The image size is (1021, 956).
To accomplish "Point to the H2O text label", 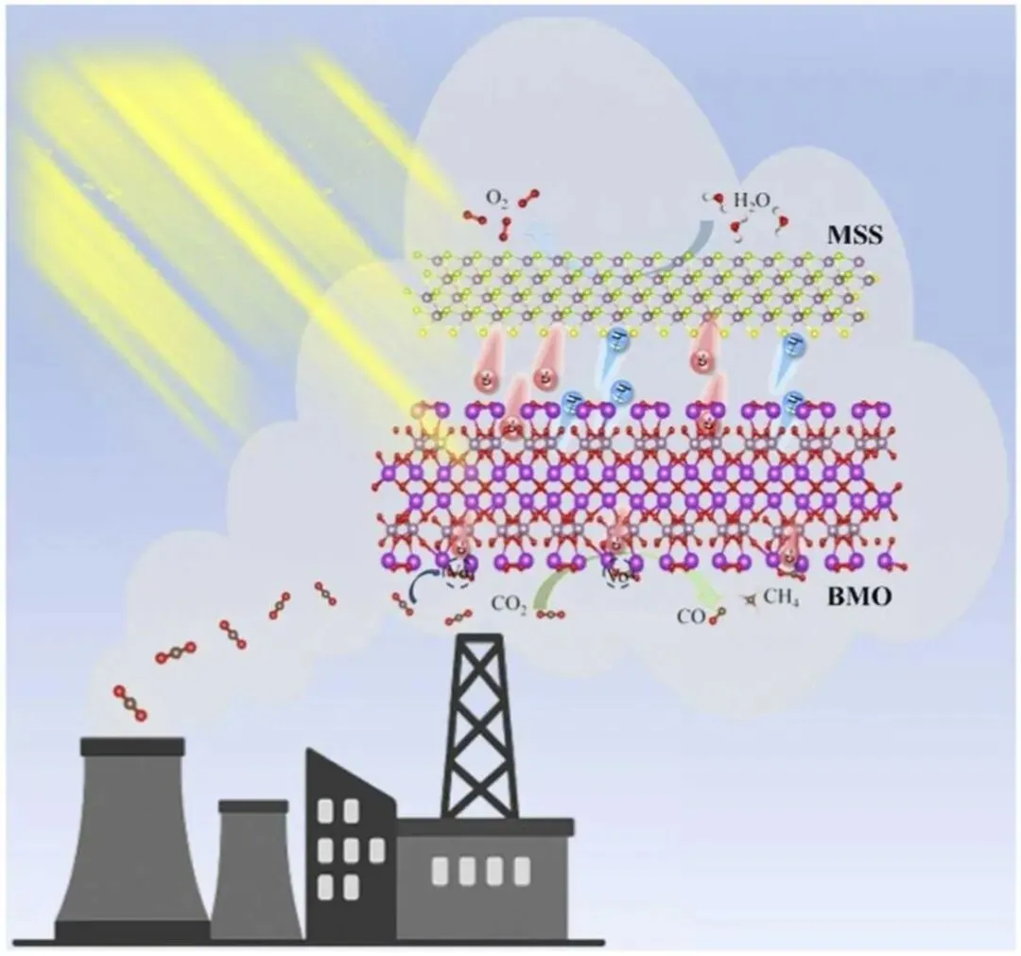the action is pos(754,200).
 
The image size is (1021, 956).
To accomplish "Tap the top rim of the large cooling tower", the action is pos(132,746).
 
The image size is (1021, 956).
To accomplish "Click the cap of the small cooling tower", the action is pos(252,807).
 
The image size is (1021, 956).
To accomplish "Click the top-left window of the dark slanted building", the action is pos(325,811).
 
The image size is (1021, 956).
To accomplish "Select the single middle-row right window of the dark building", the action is pos(376,850).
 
